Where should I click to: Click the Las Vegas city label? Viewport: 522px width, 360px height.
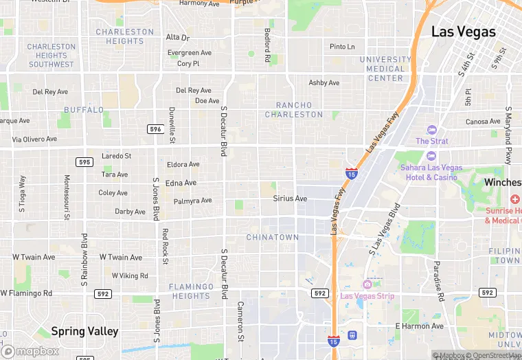[463, 32]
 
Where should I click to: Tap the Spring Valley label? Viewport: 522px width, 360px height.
[84, 331]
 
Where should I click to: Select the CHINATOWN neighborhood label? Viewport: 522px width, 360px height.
[273, 237]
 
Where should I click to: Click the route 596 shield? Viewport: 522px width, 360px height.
[155, 129]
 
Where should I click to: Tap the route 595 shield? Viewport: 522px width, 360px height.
[84, 162]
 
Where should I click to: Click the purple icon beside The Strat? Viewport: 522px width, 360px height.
[431, 130]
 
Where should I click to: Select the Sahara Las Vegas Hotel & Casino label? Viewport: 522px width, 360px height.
[432, 172]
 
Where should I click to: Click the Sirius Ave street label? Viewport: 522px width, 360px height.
[290, 199]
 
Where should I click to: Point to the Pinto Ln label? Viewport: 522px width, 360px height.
[342, 47]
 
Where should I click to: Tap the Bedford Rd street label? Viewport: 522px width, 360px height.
[267, 45]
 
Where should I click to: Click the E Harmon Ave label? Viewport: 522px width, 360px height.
[420, 326]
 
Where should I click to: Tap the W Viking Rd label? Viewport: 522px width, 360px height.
[124, 275]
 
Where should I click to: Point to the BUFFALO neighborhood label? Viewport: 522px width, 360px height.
[84, 110]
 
